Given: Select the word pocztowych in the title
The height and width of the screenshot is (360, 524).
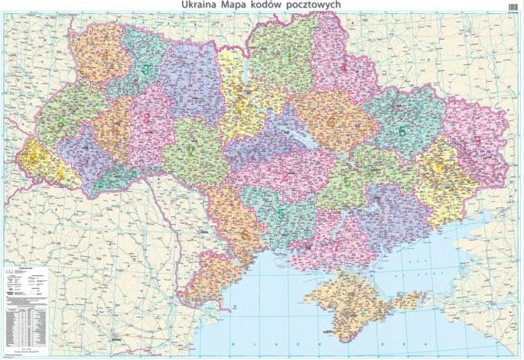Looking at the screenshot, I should click(313, 5).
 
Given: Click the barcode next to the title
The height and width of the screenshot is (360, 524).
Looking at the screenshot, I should click(512, 6).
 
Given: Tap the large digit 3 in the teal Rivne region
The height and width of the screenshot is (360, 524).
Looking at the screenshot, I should click(146, 70).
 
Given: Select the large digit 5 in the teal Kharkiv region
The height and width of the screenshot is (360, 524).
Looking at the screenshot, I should click(402, 131).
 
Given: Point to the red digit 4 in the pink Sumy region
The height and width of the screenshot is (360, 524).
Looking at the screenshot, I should click(343, 66).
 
